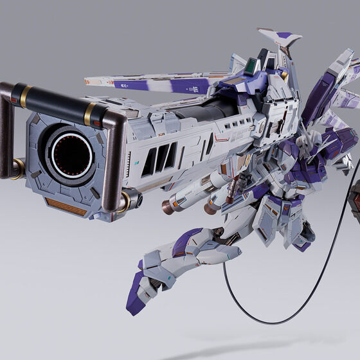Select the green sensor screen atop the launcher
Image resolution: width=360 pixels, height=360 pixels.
coord(256,66)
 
